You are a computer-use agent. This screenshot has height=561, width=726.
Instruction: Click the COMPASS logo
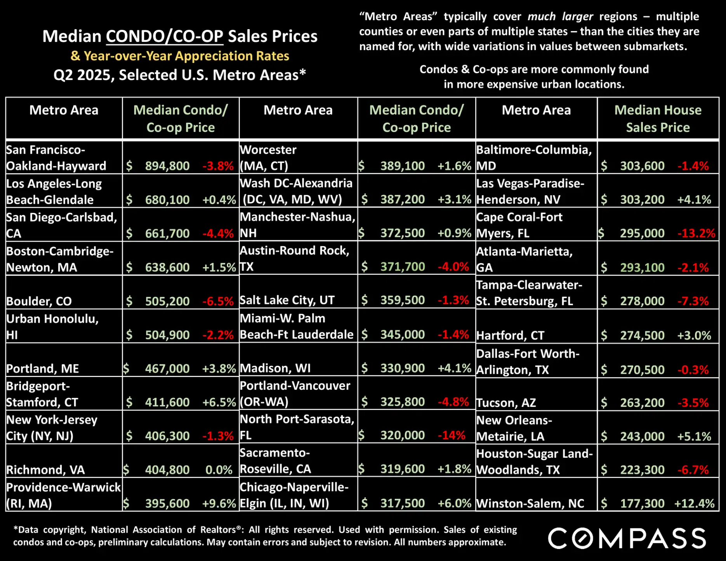[627, 538]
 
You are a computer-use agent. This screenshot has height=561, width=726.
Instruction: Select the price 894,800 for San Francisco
[167, 166]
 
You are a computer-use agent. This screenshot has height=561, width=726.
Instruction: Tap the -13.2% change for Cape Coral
[696, 233]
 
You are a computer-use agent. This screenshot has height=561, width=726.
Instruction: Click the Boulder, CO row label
[39, 301]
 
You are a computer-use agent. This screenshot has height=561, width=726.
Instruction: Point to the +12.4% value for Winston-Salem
[694, 504]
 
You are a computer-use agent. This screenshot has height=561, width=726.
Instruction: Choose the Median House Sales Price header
[658, 118]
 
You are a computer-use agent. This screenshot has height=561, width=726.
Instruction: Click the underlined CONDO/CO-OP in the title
[165, 36]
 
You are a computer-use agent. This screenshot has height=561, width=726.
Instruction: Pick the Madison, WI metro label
[275, 368]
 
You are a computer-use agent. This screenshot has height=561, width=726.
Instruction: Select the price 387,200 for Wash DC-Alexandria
[402, 200]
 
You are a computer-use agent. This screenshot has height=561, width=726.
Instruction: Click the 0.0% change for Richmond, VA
[219, 470]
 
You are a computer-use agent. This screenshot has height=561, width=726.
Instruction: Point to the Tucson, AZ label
[506, 403]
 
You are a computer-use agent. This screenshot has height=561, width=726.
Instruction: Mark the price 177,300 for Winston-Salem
[642, 504]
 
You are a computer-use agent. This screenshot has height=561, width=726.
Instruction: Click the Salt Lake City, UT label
[287, 300]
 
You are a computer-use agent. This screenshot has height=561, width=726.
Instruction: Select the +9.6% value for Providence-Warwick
[219, 504]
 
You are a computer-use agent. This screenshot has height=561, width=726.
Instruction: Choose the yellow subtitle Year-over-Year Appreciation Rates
[180, 56]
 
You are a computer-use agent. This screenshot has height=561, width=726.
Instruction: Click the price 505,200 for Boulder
[167, 301]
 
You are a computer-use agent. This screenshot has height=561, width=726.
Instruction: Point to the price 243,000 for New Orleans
[642, 436]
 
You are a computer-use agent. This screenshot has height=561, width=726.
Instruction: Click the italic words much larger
[560, 17]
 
